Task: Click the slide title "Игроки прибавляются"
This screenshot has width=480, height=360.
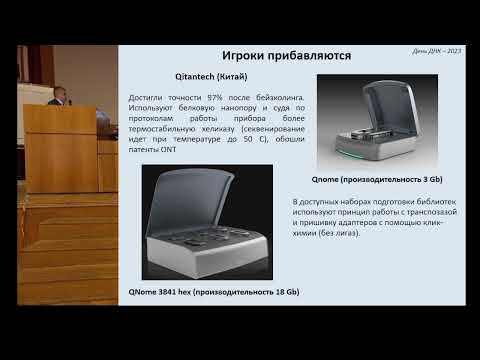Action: tap(285, 55)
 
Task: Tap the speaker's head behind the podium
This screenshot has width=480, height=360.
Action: tap(59, 95)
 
